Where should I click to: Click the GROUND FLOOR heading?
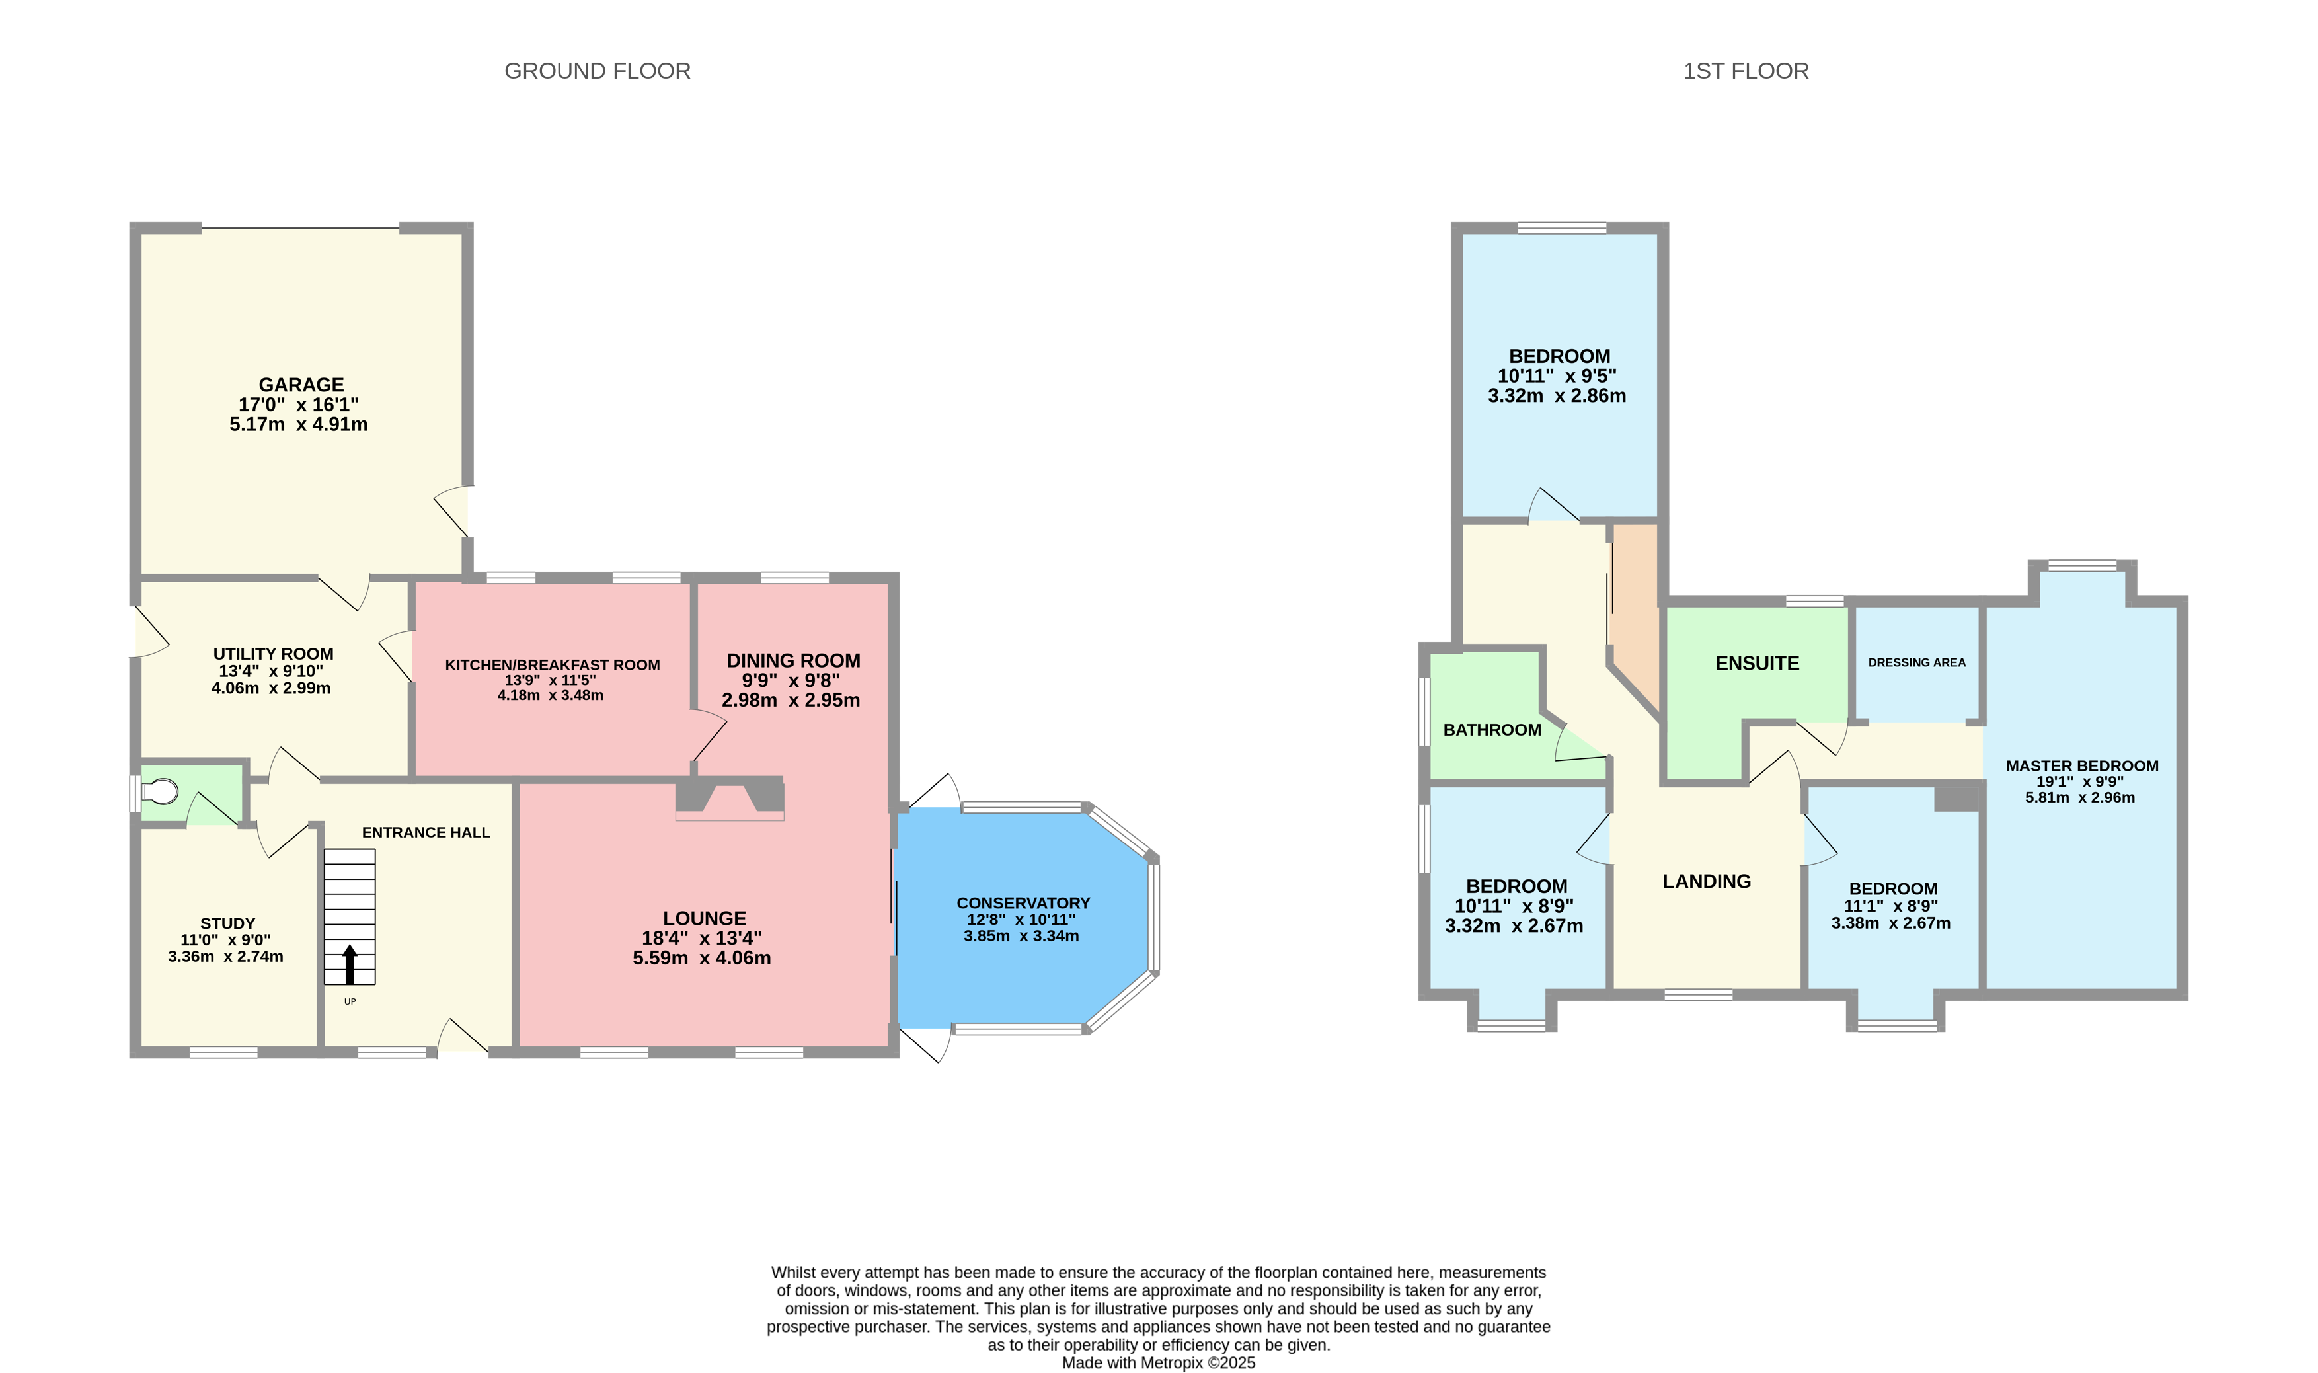point(597,71)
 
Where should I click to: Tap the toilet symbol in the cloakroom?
point(161,792)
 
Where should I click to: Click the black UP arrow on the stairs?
point(350,963)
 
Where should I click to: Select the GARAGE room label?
point(301,385)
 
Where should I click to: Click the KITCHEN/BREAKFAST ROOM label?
point(552,665)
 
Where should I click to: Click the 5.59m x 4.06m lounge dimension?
point(701,958)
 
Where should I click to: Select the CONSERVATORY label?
point(1023,903)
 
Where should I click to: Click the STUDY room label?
point(227,923)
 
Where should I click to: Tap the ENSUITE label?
point(1757,664)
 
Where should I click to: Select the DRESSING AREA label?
point(1917,662)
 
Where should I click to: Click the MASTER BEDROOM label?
point(2081,766)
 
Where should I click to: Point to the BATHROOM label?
point(1492,730)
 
